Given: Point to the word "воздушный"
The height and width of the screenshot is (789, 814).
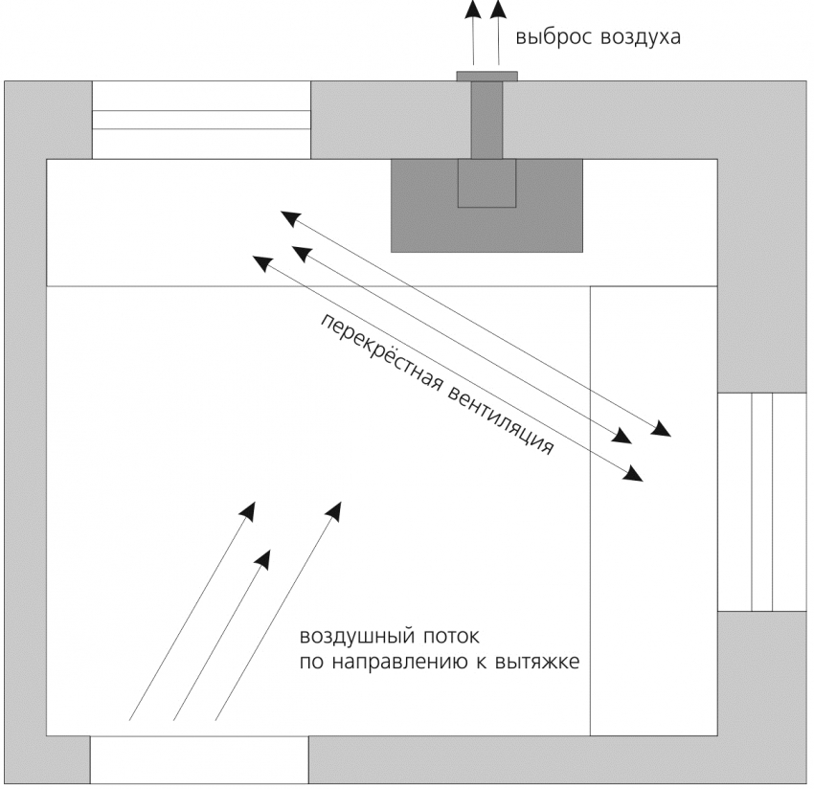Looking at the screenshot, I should click(347, 638).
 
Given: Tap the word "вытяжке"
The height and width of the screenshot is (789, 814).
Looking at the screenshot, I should click(541, 663).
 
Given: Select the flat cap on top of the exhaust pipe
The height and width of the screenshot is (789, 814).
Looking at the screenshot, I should click(486, 76).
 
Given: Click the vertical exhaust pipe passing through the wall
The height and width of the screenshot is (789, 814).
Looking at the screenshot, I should click(486, 120).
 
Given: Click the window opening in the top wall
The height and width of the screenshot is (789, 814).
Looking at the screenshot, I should click(201, 120).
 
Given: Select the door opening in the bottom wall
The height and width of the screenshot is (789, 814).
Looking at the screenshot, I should click(199, 761).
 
